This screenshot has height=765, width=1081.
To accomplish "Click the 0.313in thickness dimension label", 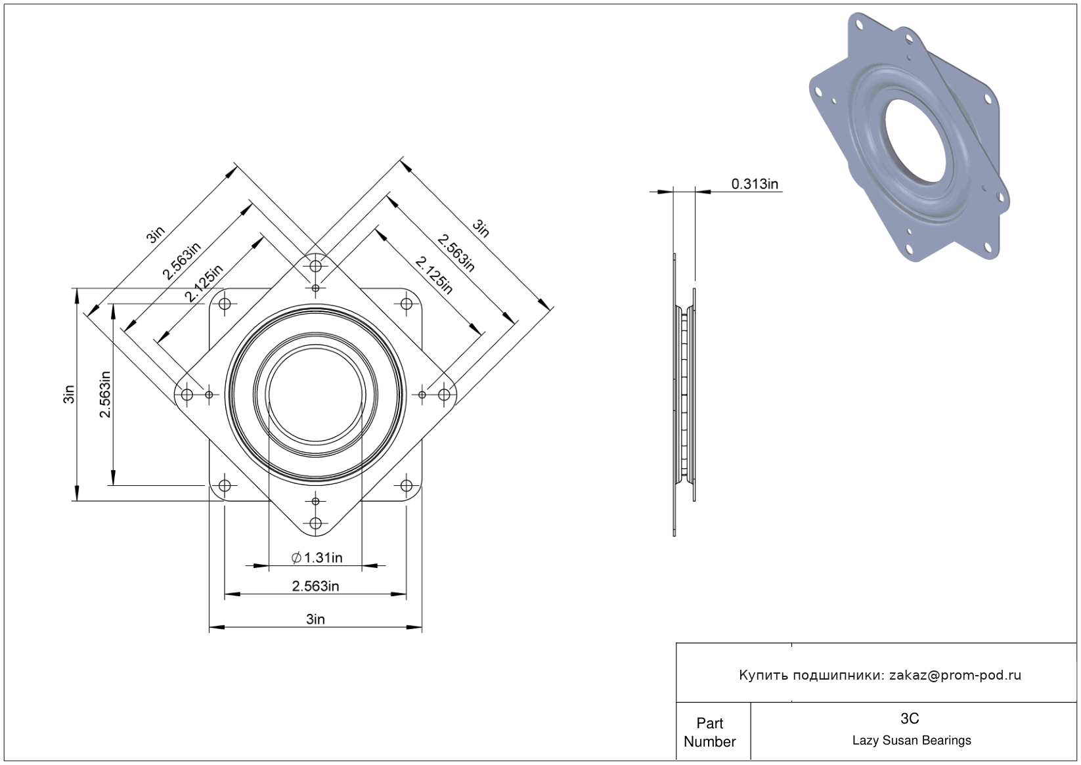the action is pos(755,184).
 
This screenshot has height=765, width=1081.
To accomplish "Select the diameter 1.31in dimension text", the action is pos(317,558).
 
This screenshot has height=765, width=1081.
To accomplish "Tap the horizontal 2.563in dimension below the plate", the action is pos(316,586).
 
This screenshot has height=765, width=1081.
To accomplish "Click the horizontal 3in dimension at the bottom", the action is pos(316,619).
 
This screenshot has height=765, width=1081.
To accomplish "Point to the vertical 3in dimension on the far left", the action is pos(69,394).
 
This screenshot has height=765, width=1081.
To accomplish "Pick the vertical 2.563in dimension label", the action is pos(104,395).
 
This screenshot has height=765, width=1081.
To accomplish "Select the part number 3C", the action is pos(910,718).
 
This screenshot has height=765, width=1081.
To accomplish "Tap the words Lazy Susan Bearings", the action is pos(912,741).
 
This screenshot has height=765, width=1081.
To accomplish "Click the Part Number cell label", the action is pos(710,732).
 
